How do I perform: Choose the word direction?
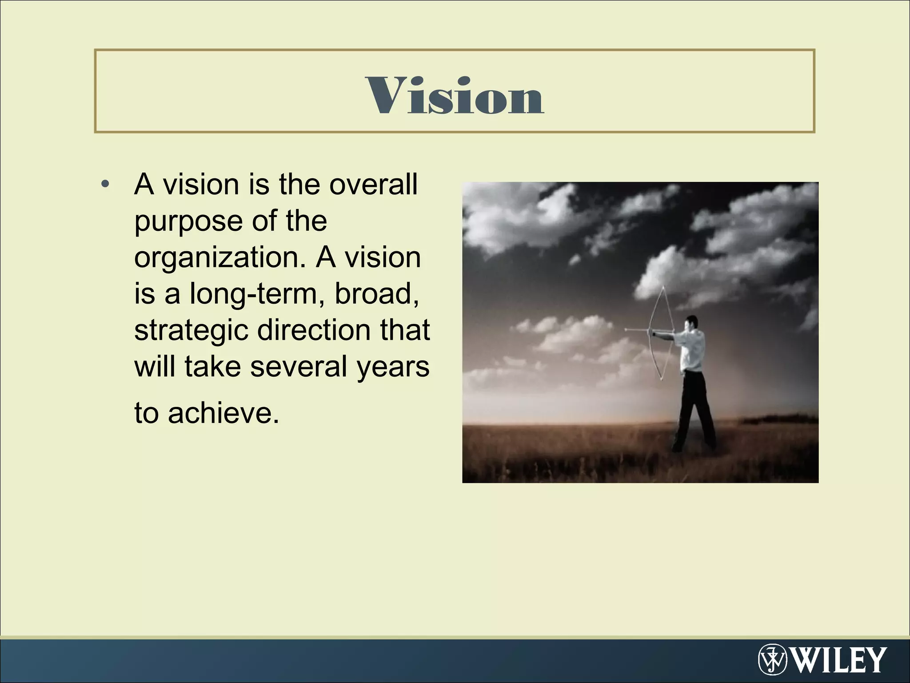(x=314, y=330)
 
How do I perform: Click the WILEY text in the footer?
(x=839, y=660)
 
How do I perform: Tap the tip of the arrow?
(x=626, y=329)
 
